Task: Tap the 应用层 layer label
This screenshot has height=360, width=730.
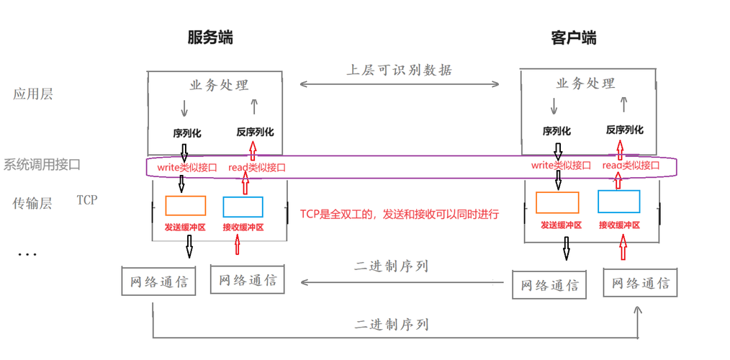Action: (32, 94)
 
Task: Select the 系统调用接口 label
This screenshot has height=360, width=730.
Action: (42, 164)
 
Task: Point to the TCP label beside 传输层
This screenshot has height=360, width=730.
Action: (87, 199)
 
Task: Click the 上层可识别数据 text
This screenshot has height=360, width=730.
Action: (399, 70)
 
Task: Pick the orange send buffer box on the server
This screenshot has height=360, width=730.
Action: (185, 206)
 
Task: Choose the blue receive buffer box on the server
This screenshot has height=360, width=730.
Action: (243, 207)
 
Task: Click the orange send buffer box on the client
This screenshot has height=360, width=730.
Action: (557, 202)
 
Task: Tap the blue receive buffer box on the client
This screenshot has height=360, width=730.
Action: (618, 201)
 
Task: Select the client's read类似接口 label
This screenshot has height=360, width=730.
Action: (630, 166)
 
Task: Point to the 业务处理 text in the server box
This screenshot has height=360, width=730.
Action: (219, 85)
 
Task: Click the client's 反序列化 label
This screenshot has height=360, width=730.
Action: (624, 130)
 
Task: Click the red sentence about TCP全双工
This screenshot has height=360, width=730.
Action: (400, 214)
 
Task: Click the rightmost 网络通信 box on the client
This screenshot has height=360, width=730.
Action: (640, 283)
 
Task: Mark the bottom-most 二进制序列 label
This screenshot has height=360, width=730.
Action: (392, 325)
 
